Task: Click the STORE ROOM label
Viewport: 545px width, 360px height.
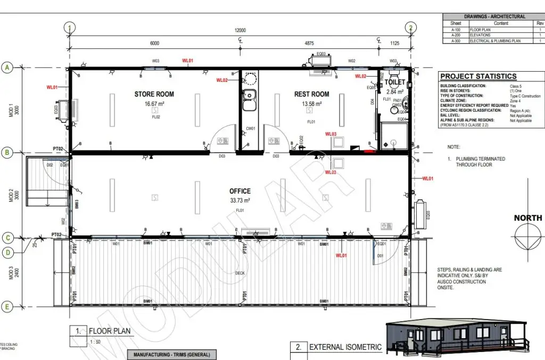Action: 154,94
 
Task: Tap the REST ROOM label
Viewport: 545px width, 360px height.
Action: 312,94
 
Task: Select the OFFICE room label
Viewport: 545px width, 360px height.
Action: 240,191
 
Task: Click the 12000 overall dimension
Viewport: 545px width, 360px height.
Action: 240,30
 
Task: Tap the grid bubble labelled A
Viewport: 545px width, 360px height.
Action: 7,68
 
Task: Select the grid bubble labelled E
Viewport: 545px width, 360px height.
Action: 7,306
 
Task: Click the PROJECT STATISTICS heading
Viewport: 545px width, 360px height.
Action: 478,77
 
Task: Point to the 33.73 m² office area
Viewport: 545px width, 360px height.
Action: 240,200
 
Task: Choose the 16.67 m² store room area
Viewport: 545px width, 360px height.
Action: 154,104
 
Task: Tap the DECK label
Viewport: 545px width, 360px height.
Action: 240,273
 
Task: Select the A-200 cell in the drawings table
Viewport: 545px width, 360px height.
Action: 456,35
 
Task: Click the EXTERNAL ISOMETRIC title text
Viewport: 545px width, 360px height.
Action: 345,347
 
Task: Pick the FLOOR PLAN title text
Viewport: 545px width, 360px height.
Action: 109,331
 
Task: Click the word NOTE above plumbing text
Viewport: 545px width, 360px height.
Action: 453,147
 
